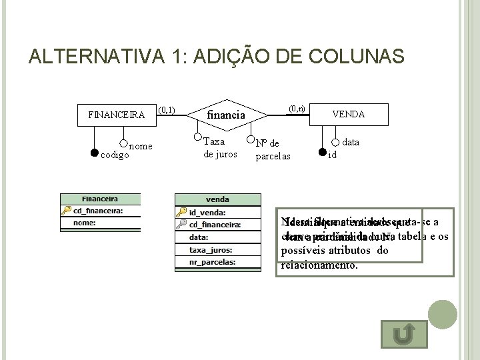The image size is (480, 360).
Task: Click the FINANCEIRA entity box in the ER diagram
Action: click(x=117, y=114)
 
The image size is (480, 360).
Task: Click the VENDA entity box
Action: click(x=349, y=114)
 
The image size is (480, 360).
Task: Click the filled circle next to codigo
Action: click(x=94, y=153)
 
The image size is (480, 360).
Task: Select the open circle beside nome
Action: click(x=123, y=142)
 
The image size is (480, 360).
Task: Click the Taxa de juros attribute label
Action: click(x=214, y=147)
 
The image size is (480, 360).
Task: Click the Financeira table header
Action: click(x=100, y=199)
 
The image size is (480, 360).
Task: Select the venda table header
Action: click(x=217, y=199)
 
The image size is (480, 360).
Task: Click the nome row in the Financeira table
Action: click(x=100, y=223)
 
